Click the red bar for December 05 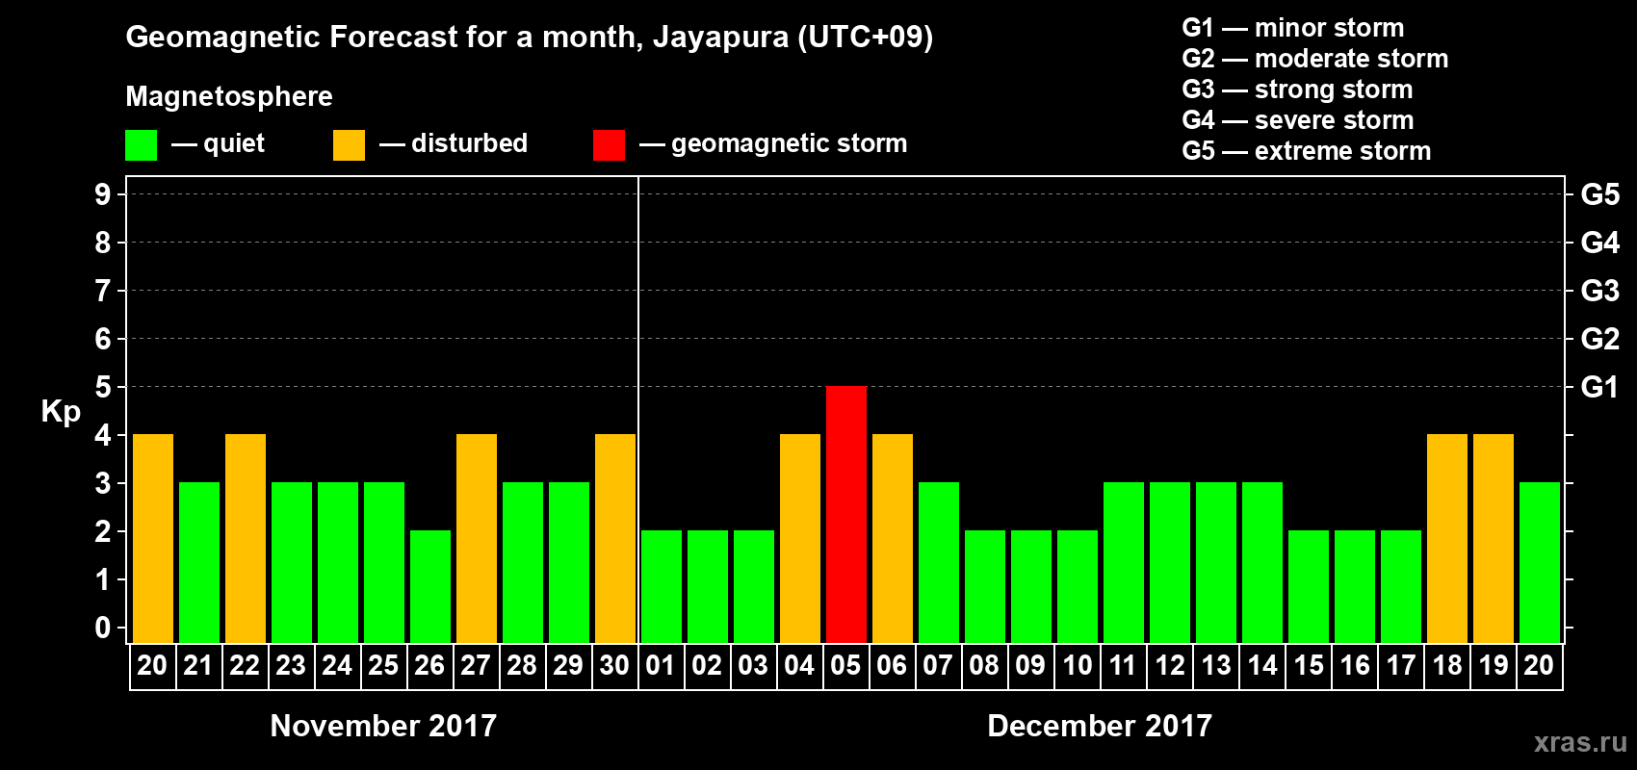[846, 514]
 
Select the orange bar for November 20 [153, 538]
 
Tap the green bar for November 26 [430, 586]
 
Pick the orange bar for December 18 [1447, 538]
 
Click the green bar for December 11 [1124, 562]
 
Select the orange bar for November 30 [615, 538]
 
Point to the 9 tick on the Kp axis [103, 194]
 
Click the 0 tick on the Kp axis [103, 628]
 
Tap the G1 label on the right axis [1599, 387]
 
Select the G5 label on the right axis [1599, 194]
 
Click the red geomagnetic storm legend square [609, 145]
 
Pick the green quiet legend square [141, 145]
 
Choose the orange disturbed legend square [349, 145]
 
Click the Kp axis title [61, 411]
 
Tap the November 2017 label [383, 726]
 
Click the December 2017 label [1100, 726]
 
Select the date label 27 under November [476, 665]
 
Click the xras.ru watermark [1580, 741]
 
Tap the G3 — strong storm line [1297, 90]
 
